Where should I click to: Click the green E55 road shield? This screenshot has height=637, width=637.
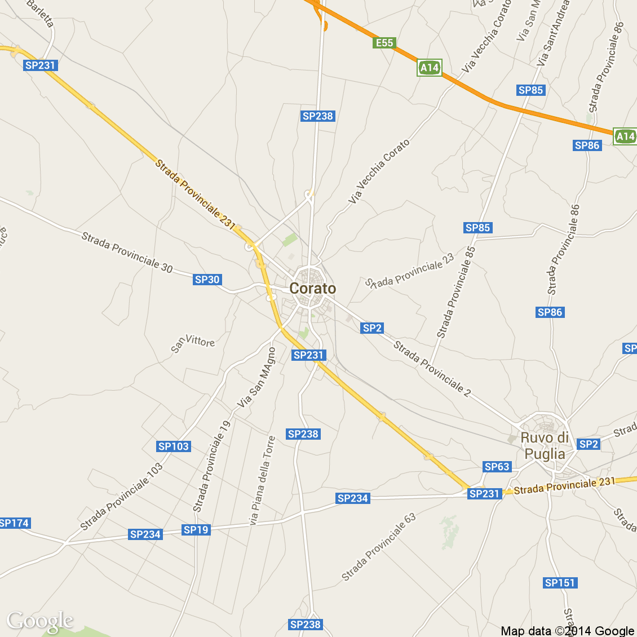tap(384, 43)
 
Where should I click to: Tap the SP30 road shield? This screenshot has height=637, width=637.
tap(207, 280)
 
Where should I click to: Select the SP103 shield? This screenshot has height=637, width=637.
tap(174, 446)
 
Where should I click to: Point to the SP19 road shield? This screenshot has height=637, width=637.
tap(196, 530)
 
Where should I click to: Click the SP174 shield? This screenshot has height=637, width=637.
tap(14, 523)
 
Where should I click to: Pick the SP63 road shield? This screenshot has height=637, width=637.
tap(497, 467)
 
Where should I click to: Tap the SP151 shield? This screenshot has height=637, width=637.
tap(560, 583)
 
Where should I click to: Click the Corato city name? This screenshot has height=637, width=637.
tap(312, 289)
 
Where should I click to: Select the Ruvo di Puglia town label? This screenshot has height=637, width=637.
tap(544, 446)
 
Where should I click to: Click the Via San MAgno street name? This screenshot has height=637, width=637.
tap(257, 377)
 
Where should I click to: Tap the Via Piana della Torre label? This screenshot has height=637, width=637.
tap(263, 480)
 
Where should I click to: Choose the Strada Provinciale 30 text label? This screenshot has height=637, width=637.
tap(127, 252)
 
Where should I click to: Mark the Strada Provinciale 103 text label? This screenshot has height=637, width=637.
tap(122, 497)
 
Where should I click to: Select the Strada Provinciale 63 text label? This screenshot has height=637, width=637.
tap(379, 547)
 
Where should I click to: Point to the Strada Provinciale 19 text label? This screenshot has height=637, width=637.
tap(212, 466)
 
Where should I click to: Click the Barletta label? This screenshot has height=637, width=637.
tap(40, 13)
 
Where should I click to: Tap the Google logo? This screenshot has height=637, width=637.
tap(40, 621)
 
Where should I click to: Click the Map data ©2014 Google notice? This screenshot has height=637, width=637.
tap(568, 631)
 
